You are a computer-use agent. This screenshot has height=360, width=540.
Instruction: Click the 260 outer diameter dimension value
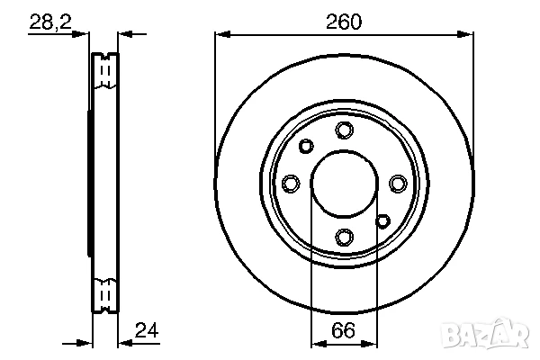coord(344,22)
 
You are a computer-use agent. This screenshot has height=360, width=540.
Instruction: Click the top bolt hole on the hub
coord(344,130)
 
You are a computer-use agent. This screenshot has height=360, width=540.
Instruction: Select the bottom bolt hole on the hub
coord(344,237)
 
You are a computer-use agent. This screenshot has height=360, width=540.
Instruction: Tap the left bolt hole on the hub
coord(291,184)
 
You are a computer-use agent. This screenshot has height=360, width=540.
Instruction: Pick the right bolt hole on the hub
coord(397,184)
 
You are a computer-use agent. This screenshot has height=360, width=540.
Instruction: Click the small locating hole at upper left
coord(305,146)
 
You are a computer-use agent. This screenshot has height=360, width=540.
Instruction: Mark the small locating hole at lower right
coord(382,221)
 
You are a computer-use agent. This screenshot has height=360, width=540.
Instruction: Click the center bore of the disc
coord(344,184)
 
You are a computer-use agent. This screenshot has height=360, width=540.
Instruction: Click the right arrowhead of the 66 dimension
coord(371,343)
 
